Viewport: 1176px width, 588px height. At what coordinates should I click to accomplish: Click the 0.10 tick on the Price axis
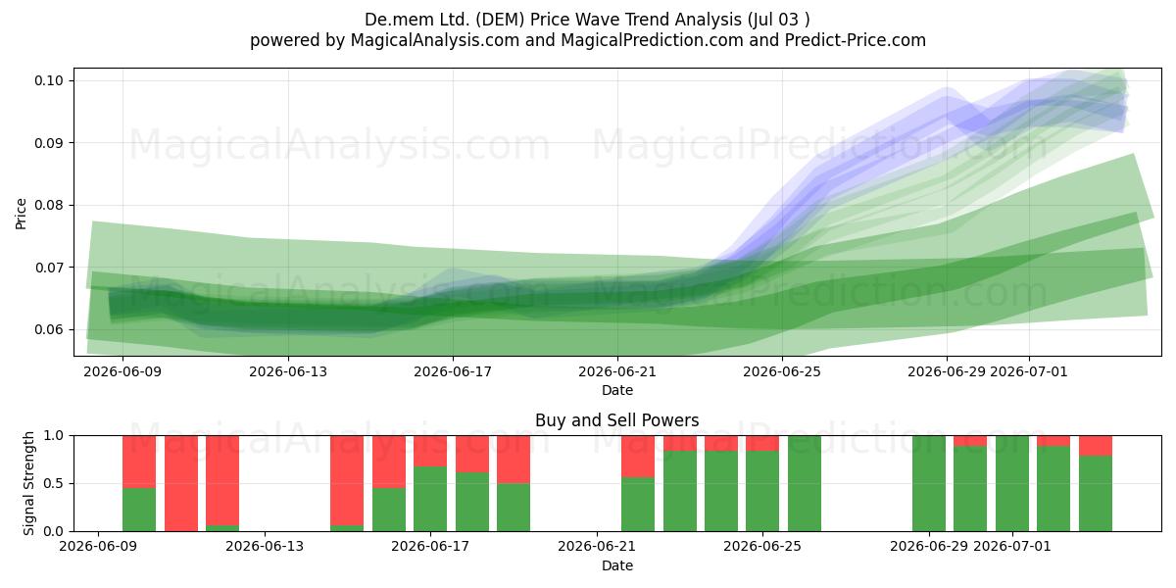(48, 80)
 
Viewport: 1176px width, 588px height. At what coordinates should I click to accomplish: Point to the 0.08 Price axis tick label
(48, 205)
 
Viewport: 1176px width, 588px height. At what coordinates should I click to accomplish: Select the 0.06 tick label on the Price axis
(48, 329)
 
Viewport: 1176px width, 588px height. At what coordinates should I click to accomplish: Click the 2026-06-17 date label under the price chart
(453, 371)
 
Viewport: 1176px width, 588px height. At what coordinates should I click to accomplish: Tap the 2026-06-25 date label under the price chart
(782, 371)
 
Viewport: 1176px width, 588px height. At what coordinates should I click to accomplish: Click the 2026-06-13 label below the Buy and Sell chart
(265, 546)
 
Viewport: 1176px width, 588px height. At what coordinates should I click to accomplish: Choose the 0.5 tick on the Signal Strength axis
(54, 483)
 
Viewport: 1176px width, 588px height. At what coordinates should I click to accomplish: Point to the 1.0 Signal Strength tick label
(54, 436)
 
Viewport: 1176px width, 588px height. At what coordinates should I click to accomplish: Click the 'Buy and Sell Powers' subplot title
(616, 420)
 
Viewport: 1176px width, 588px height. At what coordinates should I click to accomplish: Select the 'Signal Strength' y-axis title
(28, 483)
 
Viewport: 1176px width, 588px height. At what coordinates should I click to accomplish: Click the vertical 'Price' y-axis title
(21, 214)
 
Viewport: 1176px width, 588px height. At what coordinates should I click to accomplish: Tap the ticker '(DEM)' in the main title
(501, 20)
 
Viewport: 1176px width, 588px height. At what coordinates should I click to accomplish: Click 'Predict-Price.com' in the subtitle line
(856, 40)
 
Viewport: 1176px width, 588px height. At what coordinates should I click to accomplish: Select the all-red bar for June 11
(181, 483)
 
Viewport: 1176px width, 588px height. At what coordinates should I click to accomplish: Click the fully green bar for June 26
(805, 483)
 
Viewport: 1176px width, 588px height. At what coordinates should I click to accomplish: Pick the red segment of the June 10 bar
(139, 462)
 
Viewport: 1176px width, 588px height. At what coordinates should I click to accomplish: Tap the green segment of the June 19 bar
(514, 508)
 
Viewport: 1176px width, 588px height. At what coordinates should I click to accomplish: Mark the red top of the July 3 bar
(1096, 446)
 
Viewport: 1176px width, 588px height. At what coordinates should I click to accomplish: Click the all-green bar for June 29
(929, 483)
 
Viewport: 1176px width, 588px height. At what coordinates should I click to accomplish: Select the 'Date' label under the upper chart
(617, 390)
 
